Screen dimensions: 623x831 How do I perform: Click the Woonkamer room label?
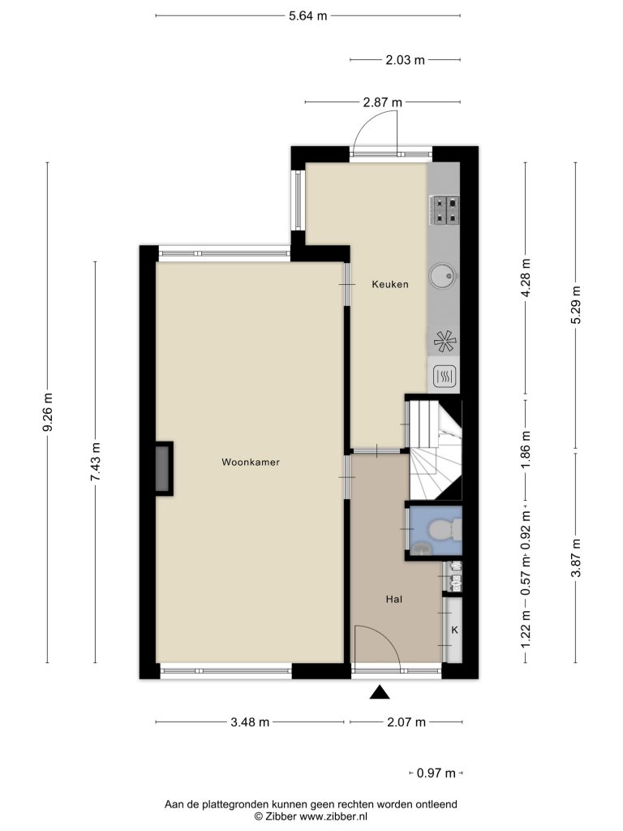(251, 462)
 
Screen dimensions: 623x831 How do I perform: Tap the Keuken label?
(390, 285)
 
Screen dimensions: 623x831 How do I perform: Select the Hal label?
(394, 600)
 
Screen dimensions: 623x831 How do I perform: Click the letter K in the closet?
(454, 630)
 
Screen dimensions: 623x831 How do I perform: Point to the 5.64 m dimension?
(307, 16)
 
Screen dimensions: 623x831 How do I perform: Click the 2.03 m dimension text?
(406, 60)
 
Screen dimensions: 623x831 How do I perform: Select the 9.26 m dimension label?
(48, 412)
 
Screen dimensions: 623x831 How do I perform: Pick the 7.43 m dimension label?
(96, 462)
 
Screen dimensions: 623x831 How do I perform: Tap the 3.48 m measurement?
(250, 721)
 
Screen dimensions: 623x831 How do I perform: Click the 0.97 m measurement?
(436, 773)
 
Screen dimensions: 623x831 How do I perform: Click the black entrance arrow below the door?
(380, 692)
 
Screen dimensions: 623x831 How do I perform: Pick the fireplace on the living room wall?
(164, 468)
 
